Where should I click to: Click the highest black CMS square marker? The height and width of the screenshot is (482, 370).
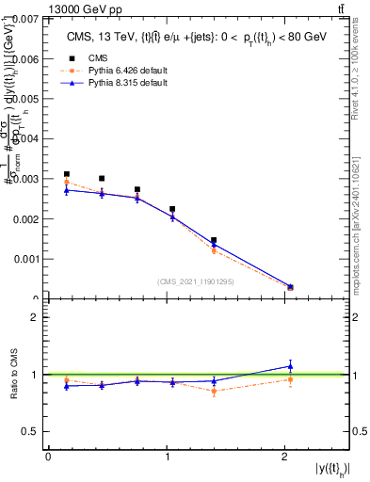(66, 174)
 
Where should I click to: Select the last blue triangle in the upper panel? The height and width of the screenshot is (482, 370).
(290, 287)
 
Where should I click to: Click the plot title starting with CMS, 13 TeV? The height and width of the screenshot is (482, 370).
(197, 37)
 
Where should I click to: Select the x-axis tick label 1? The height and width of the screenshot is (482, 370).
(167, 457)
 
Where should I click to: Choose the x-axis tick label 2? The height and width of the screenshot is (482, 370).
(285, 457)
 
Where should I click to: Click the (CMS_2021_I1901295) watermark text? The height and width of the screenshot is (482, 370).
(195, 281)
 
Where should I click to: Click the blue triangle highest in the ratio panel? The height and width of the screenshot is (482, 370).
(290, 366)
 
